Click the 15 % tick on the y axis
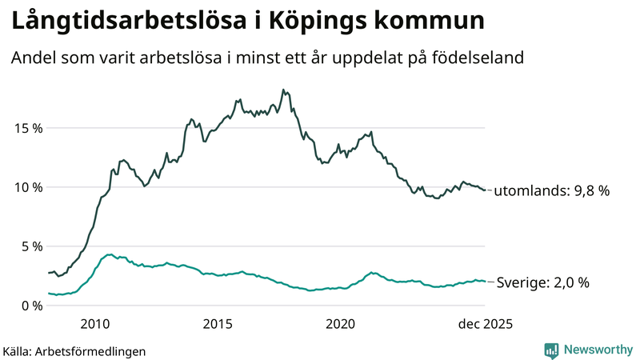click(26, 128)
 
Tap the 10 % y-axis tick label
click(26, 187)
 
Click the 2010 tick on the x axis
click(94, 324)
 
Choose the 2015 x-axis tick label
click(218, 324)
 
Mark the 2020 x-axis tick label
click(341, 324)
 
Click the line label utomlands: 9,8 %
click(552, 191)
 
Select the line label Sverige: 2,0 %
click(543, 282)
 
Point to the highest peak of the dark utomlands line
click(283, 90)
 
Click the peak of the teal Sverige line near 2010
click(110, 254)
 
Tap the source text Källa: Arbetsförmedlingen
click(74, 350)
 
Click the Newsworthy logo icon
click(551, 350)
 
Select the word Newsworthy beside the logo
click(597, 350)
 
